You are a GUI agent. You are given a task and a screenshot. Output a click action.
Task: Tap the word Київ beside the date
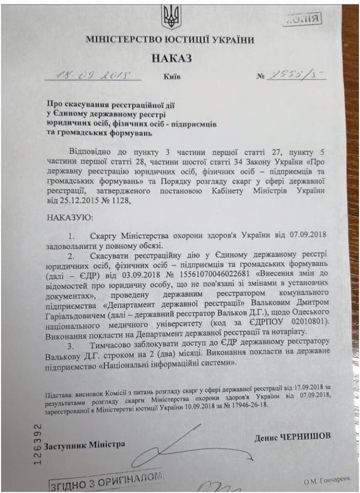coord(172,77)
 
